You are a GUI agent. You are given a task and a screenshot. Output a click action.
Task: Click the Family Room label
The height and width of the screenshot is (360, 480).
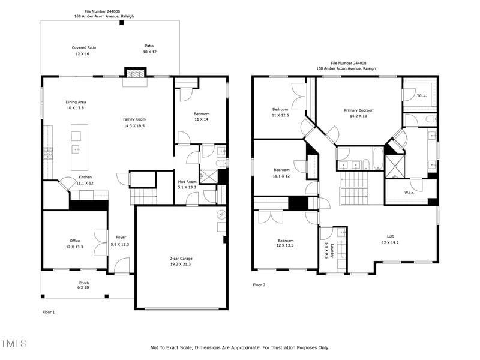pos(134,119)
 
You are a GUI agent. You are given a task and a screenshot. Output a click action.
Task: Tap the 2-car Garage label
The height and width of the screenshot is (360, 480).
pos(181,259)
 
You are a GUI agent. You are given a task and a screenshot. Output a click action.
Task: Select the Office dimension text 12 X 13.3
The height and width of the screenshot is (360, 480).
pos(74,247)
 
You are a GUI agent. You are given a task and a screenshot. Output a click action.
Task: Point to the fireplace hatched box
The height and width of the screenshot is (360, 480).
pos(136,74)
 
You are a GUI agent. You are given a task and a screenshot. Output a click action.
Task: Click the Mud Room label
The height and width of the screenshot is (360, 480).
pos(187,182)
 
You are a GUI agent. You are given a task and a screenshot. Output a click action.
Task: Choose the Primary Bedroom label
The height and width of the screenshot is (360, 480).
pos(359,110)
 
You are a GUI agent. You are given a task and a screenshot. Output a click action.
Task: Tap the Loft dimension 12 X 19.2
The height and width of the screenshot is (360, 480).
pos(390,242)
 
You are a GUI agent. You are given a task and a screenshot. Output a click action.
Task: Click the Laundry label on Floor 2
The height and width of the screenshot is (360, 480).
pos(332,251)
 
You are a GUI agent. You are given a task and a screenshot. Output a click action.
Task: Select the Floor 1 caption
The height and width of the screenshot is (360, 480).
pos(49,312)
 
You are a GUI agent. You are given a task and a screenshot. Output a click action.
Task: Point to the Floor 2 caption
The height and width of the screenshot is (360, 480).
pos(259,284)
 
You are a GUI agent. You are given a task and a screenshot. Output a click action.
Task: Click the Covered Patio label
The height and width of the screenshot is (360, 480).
pos(84,47)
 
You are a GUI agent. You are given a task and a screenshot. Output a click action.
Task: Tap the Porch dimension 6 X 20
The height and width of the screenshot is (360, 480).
pos(83,287)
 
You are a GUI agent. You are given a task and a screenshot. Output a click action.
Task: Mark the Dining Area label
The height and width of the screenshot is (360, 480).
pos(76,102)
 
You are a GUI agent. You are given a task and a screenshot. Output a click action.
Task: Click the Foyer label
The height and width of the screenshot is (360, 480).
pos(121,237)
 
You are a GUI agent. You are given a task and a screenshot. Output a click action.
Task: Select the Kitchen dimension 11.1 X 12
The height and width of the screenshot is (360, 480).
pos(85,183)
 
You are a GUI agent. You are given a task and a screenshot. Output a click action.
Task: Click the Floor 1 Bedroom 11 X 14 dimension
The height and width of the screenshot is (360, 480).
pos(201,119)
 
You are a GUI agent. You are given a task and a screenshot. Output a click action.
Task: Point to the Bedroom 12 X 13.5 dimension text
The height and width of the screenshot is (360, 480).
pos(285,245)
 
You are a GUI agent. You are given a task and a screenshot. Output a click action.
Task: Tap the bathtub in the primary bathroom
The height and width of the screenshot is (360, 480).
pos(379,158)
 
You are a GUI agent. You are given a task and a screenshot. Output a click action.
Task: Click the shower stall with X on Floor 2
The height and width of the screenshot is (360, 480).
pos(395,167)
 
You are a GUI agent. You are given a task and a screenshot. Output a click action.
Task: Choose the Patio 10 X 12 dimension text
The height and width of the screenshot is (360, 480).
pos(149,52)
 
